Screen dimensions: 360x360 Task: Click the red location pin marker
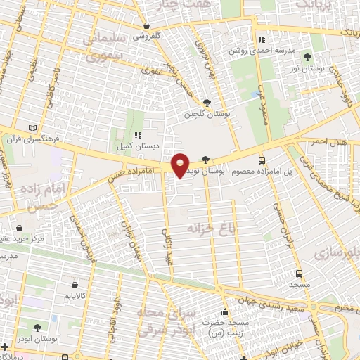coord(181,165)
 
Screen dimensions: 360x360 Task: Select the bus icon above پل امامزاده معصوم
coord(262,160)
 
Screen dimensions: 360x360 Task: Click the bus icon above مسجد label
coord(300,274)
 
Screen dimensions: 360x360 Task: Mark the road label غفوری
coord(150,70)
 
